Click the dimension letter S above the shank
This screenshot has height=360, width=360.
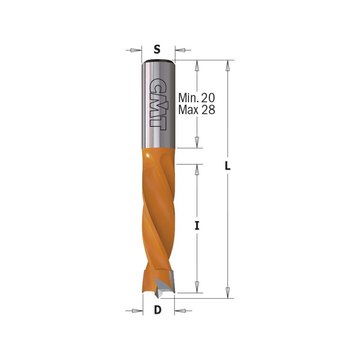(157, 49)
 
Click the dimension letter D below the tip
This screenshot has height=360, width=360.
(157, 310)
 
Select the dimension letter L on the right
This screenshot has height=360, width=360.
(227, 166)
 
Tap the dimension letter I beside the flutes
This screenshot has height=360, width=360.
(197, 225)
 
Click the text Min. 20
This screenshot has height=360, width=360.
(197, 98)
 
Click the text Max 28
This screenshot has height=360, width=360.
(197, 109)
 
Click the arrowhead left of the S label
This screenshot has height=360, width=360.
(136, 50)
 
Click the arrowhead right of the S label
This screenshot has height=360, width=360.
(180, 50)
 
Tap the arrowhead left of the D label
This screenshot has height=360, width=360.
(137, 311)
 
